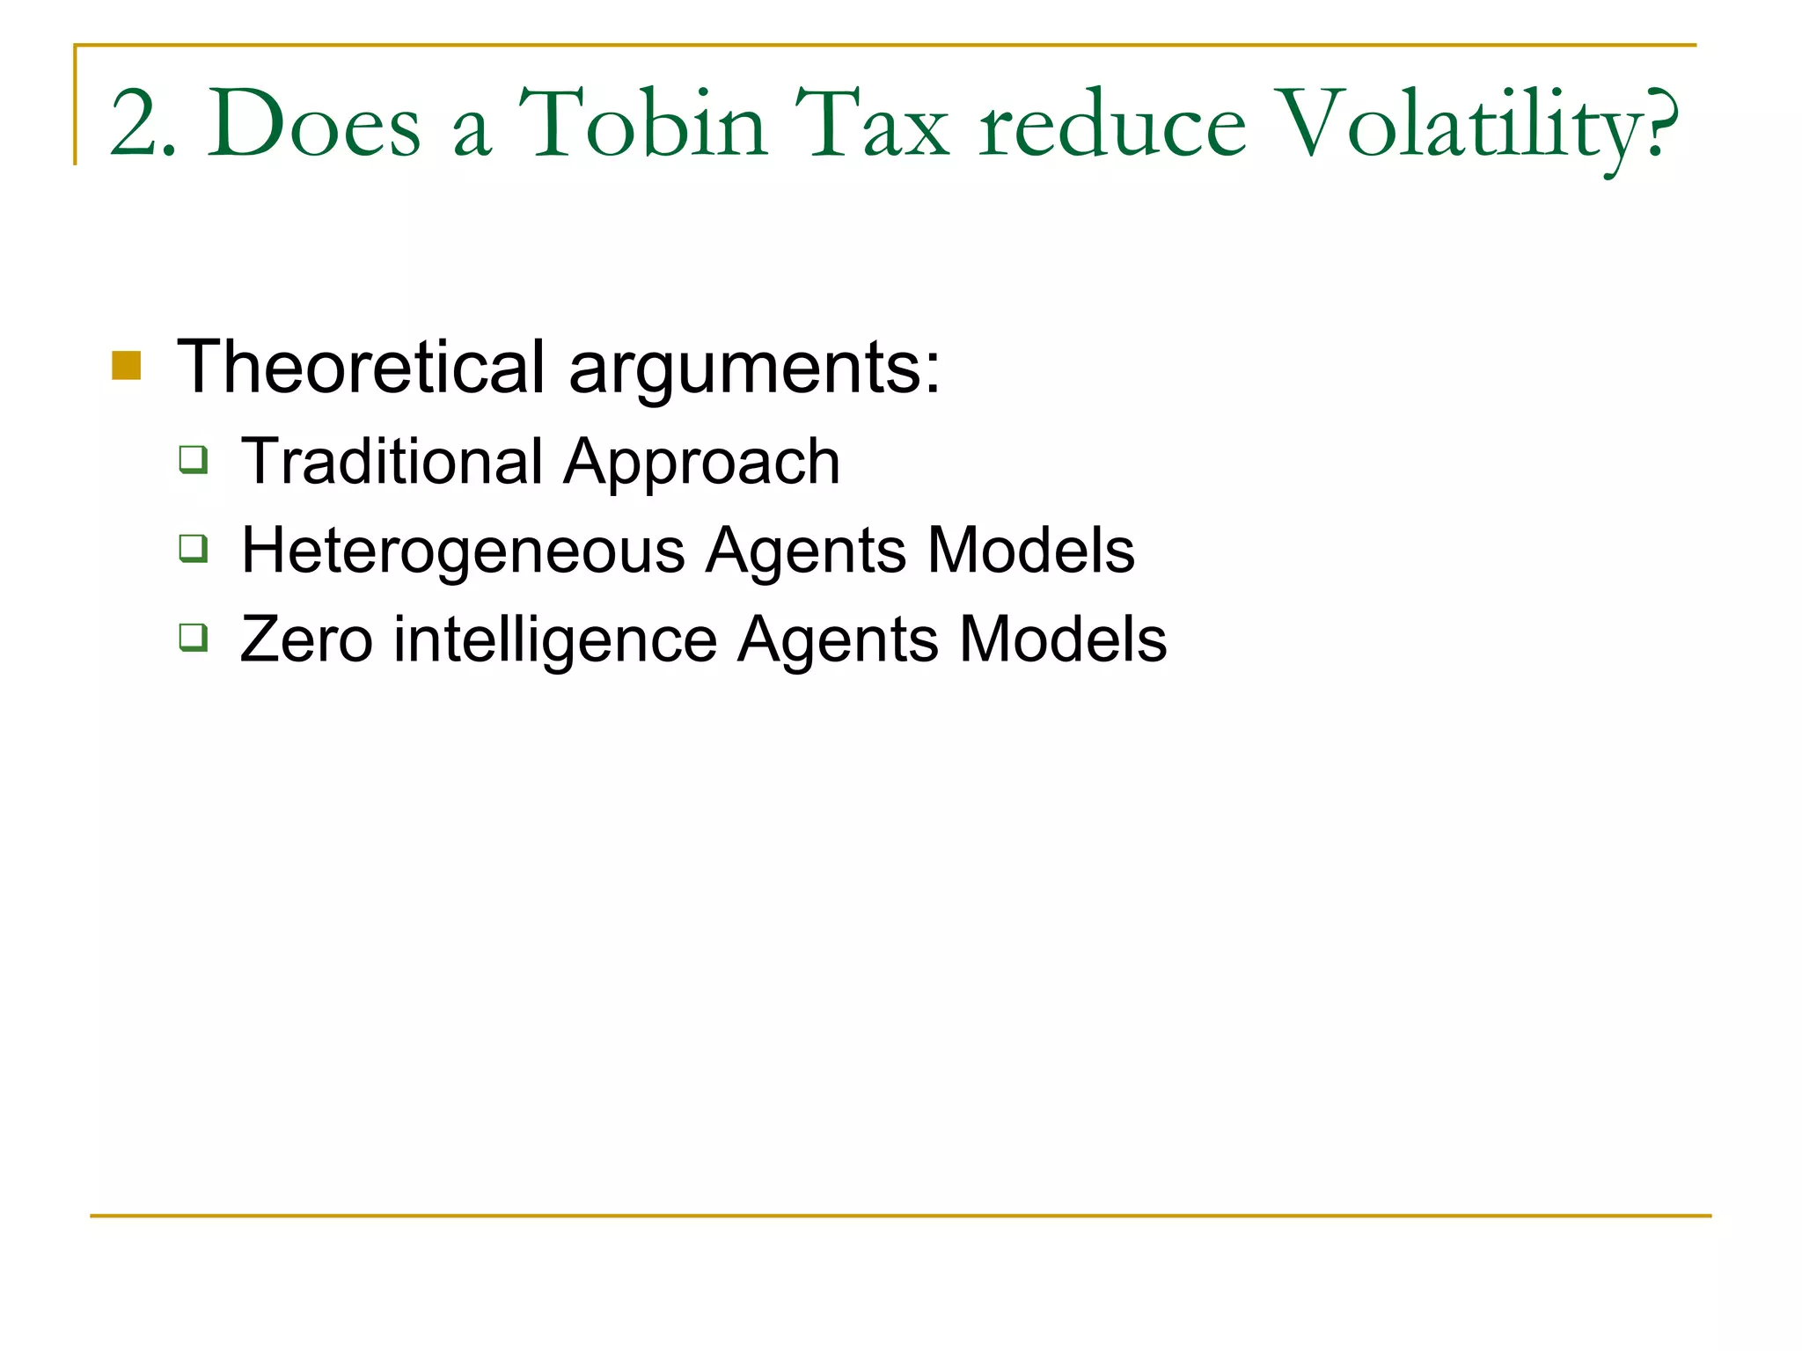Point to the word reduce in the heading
1112,125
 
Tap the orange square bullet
127,366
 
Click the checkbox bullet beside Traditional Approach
194,460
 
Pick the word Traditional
392,461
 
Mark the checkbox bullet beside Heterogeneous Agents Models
194,549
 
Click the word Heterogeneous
463,551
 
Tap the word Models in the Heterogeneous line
1030,551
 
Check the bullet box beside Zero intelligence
194,637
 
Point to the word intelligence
554,639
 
